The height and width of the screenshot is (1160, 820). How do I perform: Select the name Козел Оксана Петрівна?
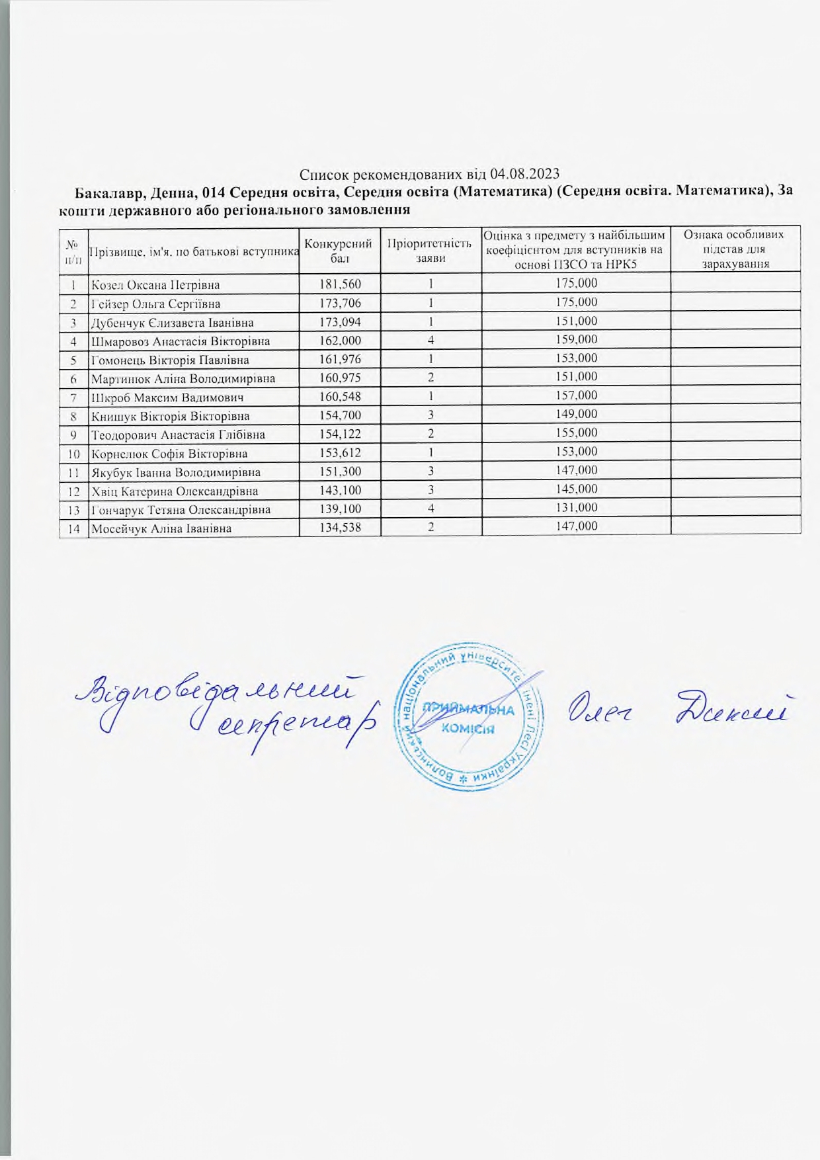(155, 285)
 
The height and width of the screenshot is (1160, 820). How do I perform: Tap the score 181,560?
(340, 284)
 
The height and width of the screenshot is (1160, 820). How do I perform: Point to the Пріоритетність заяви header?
(430, 249)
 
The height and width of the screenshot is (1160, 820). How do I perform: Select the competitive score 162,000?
(340, 341)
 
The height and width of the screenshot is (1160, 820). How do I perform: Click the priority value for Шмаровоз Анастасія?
(430, 341)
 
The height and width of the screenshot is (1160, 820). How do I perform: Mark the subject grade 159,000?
(576, 340)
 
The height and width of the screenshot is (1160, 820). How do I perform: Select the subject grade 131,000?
(576, 508)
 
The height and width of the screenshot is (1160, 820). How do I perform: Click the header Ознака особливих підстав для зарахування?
(735, 249)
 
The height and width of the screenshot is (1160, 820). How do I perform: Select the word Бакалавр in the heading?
(108, 192)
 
